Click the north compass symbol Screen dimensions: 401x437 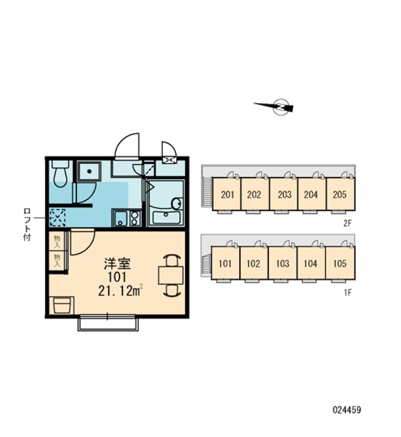click(281, 107)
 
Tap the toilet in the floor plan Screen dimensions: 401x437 click(61, 173)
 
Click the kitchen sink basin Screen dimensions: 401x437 click(120, 218)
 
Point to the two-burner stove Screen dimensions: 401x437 click(135, 218)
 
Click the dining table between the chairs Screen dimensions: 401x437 click(171, 275)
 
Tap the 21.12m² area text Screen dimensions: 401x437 click(120, 291)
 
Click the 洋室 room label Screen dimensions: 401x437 click(117, 264)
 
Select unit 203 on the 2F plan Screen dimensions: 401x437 click(284, 194)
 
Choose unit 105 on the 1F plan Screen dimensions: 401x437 click(340, 263)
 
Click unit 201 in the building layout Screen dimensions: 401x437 click(227, 194)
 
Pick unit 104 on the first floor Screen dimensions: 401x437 click(312, 263)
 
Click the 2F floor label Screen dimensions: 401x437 click(347, 223)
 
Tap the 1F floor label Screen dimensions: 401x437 click(347, 292)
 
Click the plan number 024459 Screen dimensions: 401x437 click(346, 410)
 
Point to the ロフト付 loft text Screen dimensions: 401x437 click(27, 224)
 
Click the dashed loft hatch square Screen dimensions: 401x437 click(57, 217)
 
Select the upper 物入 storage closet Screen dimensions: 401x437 click(57, 242)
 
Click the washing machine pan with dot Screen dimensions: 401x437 click(89, 171)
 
